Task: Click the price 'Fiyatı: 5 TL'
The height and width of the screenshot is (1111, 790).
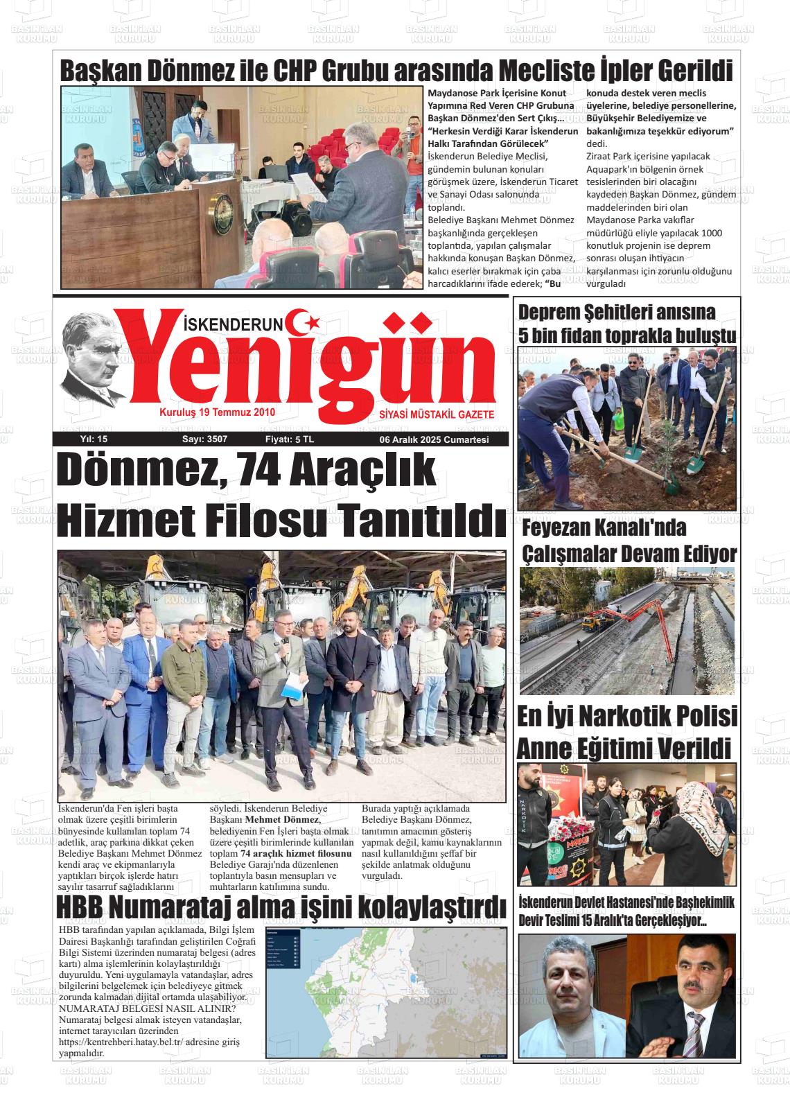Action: coord(290,439)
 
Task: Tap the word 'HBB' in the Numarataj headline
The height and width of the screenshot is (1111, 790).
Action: coord(80,907)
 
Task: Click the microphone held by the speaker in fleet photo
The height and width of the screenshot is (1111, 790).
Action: coord(283,642)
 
